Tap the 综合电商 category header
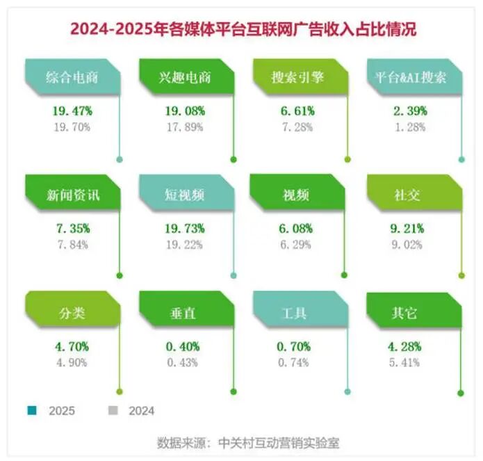pos(72,77)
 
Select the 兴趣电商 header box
pos(185,77)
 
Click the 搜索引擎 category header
pos(298,77)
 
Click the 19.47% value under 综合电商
pos(72,111)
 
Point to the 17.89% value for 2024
pos(185,126)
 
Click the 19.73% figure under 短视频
pos(185,229)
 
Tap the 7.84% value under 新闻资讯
pos(72,243)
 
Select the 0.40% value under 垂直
pos(185,346)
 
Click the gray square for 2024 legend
pos(113,410)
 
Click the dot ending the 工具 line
pos(347,394)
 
